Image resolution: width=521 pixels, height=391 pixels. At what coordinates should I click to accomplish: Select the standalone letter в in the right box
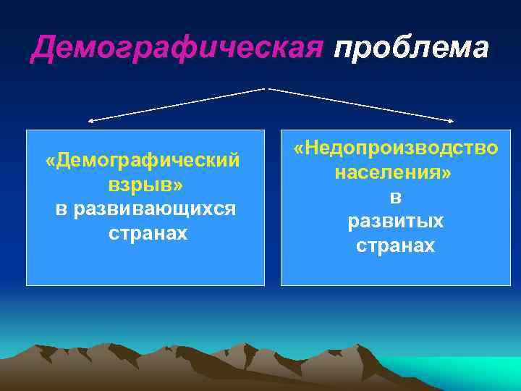click(396, 197)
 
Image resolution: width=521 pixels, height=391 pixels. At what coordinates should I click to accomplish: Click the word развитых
click(396, 222)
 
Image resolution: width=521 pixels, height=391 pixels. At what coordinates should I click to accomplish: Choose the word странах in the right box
click(396, 246)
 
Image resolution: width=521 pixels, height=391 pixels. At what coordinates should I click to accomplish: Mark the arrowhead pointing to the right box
click(454, 121)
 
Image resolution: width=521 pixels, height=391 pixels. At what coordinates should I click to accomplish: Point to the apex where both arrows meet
click(267, 88)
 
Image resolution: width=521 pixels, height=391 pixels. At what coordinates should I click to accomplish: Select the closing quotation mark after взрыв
click(178, 185)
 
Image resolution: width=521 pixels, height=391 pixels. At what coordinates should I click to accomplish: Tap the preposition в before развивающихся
click(63, 209)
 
